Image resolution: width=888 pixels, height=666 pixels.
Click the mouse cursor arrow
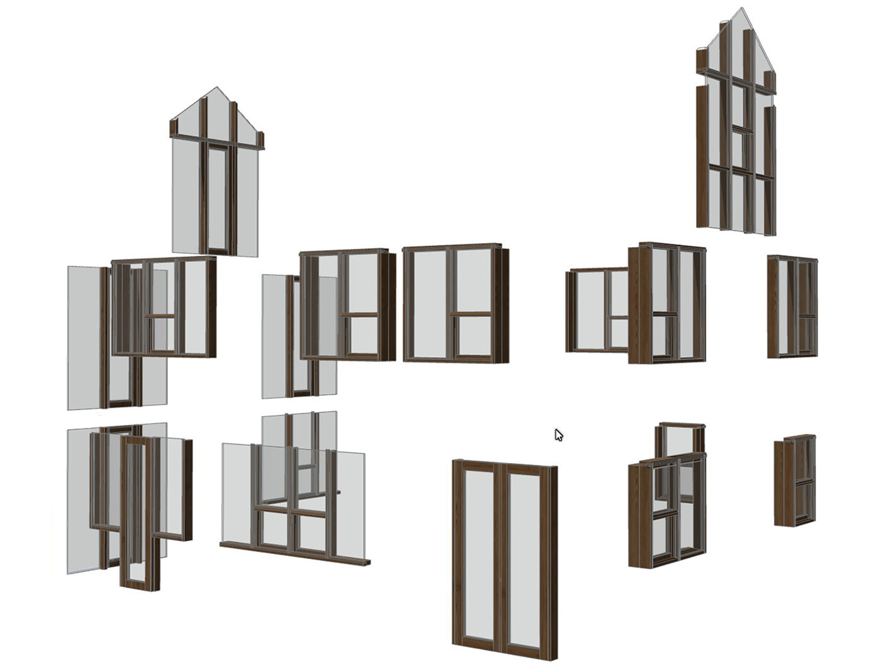coord(558,435)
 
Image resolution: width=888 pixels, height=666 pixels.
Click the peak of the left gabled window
coord(217,88)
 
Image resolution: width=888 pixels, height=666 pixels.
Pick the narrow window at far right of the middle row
coord(793,306)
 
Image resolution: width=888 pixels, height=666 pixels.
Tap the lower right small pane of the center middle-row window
coord(474,336)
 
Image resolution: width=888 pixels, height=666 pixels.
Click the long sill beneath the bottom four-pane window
coord(294,554)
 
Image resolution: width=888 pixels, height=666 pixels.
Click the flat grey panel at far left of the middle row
coord(83,339)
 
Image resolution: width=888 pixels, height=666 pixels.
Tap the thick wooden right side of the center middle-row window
coord(503,305)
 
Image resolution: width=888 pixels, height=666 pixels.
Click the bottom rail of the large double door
coord(502,653)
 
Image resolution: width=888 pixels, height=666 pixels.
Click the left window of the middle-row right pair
coord(597,311)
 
